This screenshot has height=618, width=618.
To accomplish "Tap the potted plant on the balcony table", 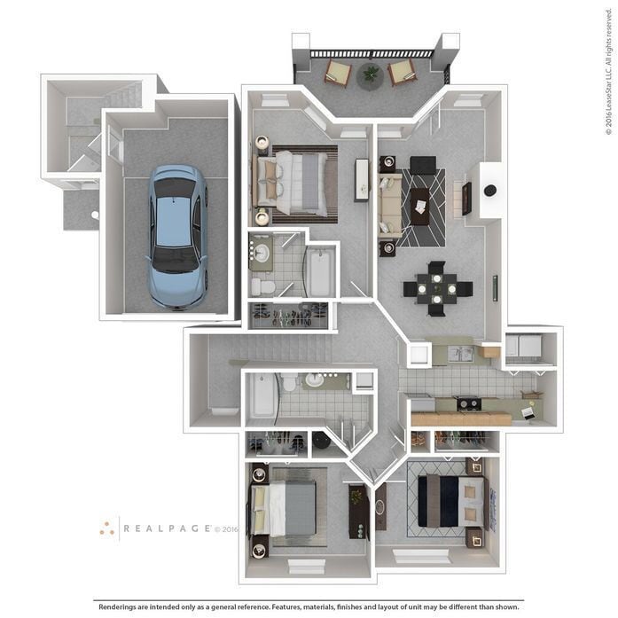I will (x=370, y=74).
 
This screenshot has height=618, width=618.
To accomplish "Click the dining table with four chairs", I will (x=437, y=288).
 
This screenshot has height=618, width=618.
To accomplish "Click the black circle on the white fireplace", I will (x=489, y=190).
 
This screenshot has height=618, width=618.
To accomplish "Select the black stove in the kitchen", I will (x=468, y=404).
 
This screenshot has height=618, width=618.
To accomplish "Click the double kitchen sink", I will (x=459, y=354).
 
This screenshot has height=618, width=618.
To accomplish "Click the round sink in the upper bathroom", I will (x=261, y=253).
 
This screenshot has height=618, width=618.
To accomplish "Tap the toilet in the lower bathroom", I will (x=289, y=384).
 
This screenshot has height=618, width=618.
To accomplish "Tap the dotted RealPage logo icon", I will (x=107, y=528).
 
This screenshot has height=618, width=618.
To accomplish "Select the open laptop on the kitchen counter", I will (x=529, y=411).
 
